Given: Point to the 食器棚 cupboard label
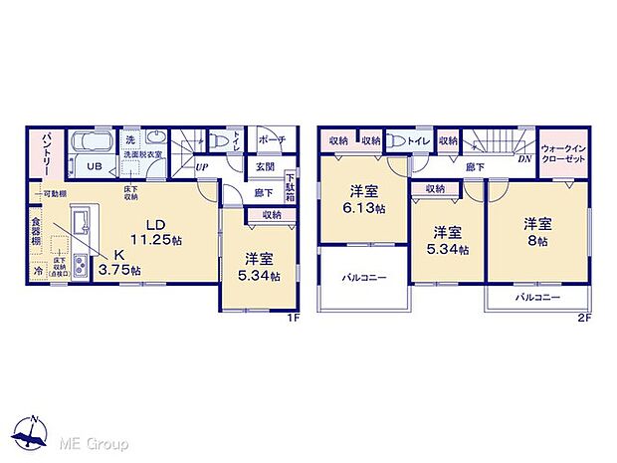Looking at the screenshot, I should (x=36, y=232).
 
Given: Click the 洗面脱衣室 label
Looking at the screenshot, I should (x=142, y=155).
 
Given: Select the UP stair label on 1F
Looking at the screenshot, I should (x=201, y=166).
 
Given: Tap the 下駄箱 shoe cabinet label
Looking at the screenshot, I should (x=290, y=185).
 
